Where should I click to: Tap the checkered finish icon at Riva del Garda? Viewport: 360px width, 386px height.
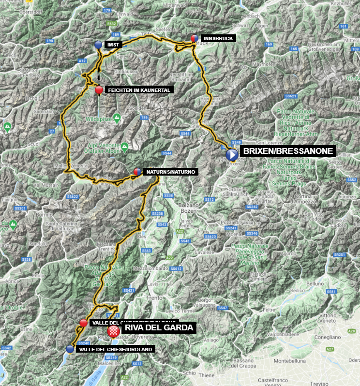click(x=114, y=330)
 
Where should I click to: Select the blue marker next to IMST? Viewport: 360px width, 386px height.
click(x=98, y=45)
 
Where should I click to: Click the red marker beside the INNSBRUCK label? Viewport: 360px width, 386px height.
click(x=194, y=38)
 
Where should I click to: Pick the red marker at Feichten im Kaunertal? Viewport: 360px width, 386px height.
click(x=99, y=89)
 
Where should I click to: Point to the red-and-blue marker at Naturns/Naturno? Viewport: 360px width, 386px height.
click(x=137, y=172)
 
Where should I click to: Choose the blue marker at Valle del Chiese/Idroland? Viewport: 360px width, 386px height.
click(x=71, y=349)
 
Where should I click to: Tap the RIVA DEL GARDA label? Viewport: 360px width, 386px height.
click(x=159, y=328)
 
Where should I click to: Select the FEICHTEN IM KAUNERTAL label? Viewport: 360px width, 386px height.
click(x=138, y=90)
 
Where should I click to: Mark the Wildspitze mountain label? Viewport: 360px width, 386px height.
click(x=99, y=118)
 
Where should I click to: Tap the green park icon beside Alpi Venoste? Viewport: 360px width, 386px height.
click(x=124, y=146)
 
